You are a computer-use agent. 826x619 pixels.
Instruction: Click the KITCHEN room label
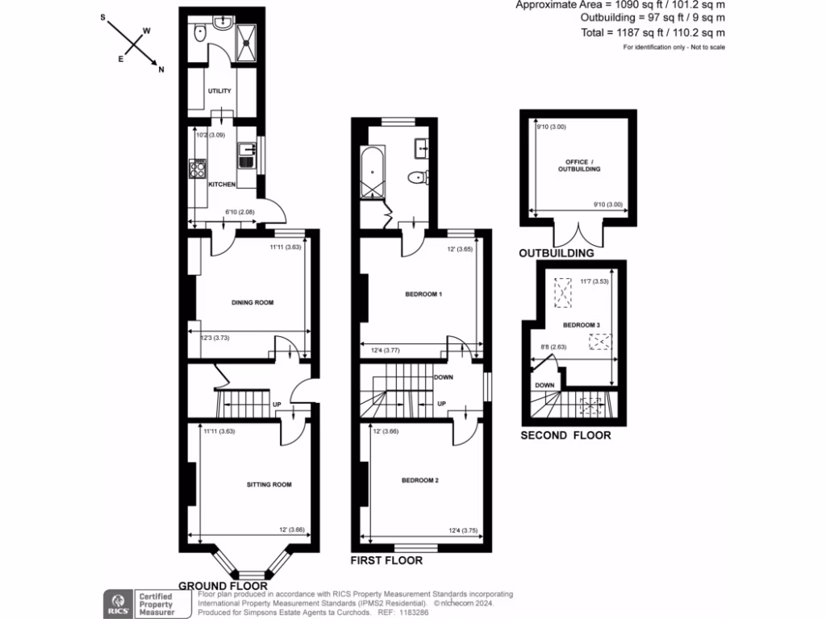222,185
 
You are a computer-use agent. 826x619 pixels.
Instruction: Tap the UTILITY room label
219,91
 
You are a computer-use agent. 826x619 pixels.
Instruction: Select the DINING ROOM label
252,303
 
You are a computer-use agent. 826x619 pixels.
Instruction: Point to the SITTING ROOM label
269,484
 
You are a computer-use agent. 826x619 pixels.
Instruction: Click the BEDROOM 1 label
423,294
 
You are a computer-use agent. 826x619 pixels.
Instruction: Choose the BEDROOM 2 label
419,480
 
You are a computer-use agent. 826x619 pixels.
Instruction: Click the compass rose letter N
161,69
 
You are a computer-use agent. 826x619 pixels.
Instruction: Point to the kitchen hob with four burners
198,168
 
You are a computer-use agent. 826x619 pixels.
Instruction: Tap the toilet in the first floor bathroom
417,177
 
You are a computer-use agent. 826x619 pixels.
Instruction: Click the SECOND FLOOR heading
565,435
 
